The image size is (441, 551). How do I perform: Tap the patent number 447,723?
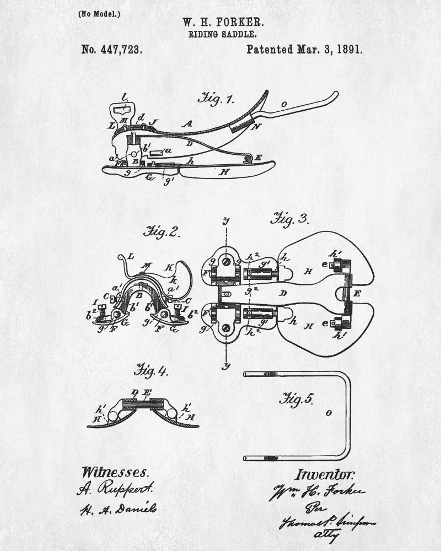tap(112, 49)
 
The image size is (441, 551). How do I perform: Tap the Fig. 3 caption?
tap(288, 218)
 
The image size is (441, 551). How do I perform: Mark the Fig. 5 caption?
tap(297, 398)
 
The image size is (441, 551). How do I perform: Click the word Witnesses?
tap(115, 472)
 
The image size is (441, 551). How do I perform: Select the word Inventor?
tap(325, 474)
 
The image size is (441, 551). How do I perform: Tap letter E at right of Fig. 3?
tap(356, 294)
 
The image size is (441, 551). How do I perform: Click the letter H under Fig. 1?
tap(224, 172)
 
